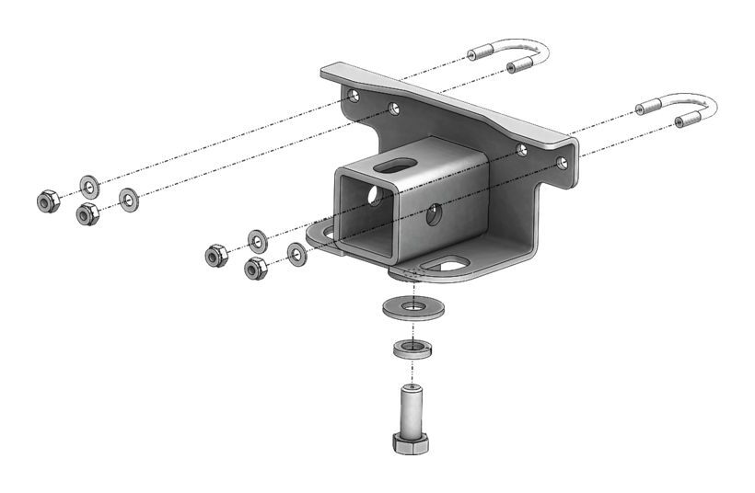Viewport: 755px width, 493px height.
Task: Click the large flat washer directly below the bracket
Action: tap(412, 307)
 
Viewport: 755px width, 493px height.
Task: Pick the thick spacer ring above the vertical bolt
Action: tap(412, 349)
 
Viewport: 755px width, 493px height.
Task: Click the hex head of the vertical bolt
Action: tap(411, 442)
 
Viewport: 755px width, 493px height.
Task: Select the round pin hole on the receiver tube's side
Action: tap(433, 215)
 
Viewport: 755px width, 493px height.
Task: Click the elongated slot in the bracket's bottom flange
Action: tap(448, 267)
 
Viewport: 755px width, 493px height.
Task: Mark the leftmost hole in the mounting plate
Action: tap(351, 95)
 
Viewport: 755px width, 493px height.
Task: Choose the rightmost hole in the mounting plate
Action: tap(562, 163)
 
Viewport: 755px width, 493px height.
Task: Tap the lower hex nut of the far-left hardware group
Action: tap(87, 214)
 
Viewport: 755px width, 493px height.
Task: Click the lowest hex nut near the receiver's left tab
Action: tap(256, 269)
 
